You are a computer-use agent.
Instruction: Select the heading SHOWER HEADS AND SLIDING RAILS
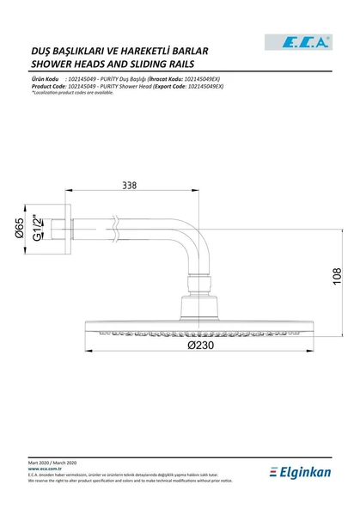[x=112, y=64]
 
